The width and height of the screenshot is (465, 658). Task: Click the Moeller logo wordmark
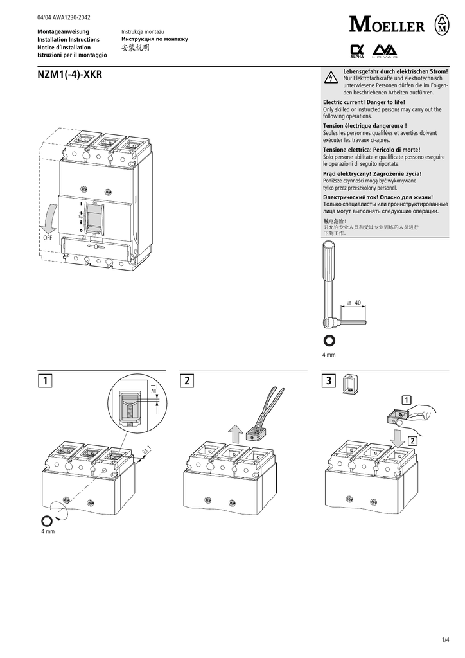387,26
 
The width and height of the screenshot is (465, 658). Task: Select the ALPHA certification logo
357,51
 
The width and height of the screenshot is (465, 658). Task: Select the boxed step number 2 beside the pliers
188,381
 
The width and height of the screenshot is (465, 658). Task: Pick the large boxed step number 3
328,381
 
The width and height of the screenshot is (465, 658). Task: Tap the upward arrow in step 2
236,435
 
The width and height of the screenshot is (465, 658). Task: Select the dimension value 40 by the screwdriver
358,302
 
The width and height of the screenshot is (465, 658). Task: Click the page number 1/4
446,640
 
